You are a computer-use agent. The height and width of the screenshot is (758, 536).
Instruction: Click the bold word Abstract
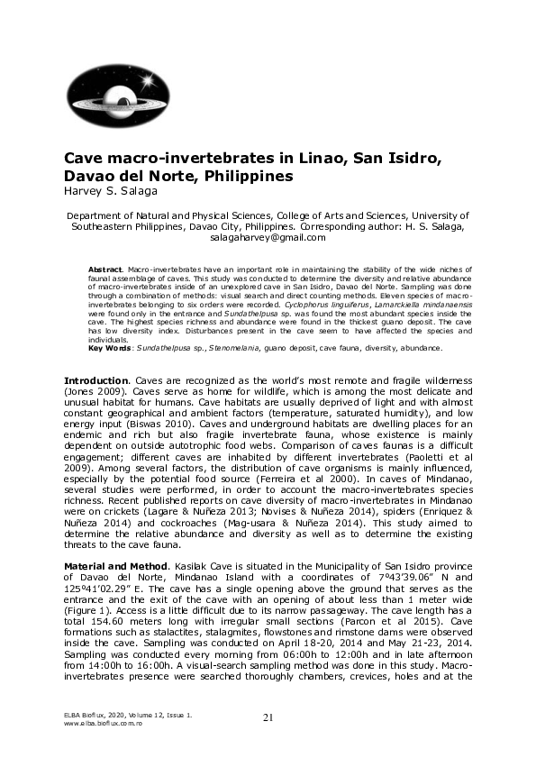[104, 269]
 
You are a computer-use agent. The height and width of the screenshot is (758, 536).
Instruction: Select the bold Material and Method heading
[117, 562]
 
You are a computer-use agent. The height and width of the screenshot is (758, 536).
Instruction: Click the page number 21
[268, 717]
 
